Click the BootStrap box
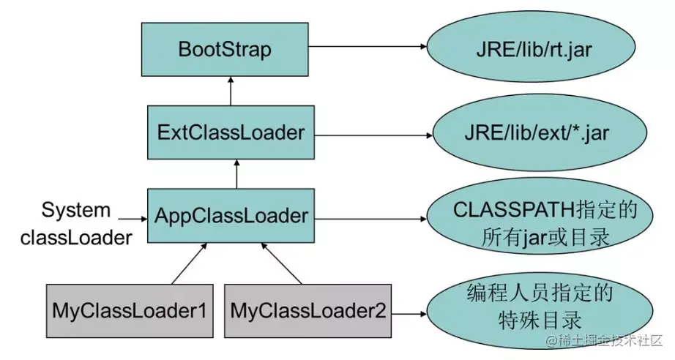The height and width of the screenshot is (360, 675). click(x=225, y=50)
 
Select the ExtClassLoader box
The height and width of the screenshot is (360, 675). click(x=231, y=132)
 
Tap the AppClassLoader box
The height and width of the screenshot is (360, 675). click(x=231, y=216)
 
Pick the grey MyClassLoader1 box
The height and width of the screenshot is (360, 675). click(x=129, y=310)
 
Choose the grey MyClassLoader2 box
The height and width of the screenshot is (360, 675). click(x=307, y=310)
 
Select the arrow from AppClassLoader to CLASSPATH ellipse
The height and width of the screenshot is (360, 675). click(x=370, y=217)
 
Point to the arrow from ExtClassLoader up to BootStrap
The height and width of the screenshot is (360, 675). click(x=231, y=89)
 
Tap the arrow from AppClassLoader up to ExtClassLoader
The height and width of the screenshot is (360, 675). click(x=236, y=174)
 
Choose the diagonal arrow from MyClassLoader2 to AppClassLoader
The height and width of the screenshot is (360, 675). click(x=281, y=264)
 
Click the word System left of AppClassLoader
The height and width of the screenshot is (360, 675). click(x=76, y=211)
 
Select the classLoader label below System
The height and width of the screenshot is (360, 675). click(x=76, y=238)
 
